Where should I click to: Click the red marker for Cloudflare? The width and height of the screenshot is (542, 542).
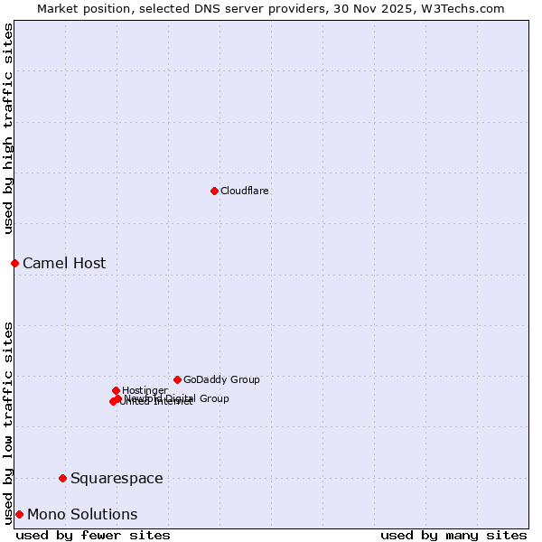214,191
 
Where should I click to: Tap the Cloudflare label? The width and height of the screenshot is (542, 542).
244,191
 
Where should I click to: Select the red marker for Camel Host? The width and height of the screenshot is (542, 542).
14,263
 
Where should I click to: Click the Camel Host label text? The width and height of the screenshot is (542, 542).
64,264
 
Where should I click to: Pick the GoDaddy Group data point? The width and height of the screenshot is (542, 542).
177,379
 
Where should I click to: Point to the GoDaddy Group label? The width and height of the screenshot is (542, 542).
221,379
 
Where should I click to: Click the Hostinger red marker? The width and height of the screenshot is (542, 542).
116,390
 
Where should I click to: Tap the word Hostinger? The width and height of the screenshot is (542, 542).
145,390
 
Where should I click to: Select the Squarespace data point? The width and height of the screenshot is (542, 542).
62,478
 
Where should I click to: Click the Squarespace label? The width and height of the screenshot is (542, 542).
117,479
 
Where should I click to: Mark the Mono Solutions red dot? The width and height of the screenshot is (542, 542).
19,514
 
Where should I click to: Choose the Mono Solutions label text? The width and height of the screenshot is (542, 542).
82,515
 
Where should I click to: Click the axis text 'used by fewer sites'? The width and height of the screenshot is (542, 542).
93,535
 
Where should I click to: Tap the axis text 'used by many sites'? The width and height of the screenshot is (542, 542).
453,535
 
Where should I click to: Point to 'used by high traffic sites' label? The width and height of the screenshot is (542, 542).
9,128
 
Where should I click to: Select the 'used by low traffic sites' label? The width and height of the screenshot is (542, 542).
9,422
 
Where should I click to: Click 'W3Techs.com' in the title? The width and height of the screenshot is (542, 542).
466,8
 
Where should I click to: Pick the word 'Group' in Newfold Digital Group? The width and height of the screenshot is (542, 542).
213,398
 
